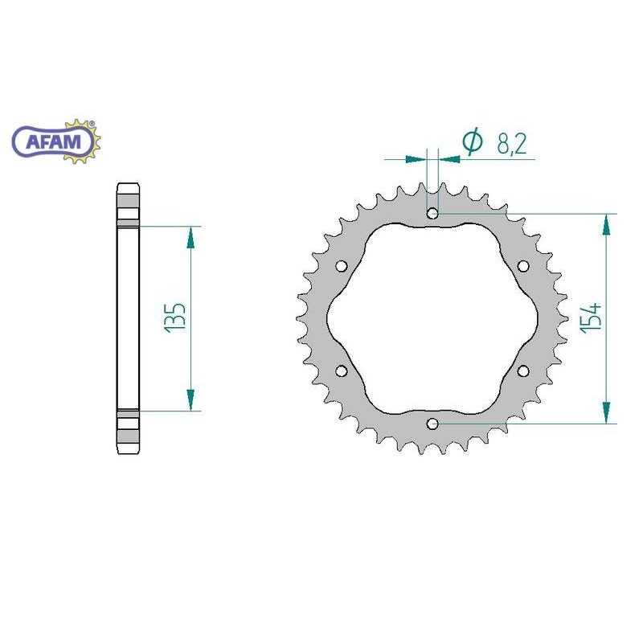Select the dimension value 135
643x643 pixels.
pyautogui.click(x=175, y=318)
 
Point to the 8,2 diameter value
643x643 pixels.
pyautogui.click(x=511, y=144)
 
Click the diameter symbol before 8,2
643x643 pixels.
pyautogui.click(x=473, y=142)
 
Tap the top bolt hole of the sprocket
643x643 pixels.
pyautogui.click(x=432, y=214)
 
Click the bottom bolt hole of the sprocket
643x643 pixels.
pyautogui.click(x=432, y=423)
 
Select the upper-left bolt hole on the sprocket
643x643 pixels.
pyautogui.click(x=341, y=266)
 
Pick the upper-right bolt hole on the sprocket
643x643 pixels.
pyautogui.click(x=523, y=266)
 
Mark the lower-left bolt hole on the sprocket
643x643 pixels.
pyautogui.click(x=341, y=371)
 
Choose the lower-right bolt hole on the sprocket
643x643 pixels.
pyautogui.click(x=523, y=371)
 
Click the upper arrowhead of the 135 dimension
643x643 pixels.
pyautogui.click(x=190, y=237)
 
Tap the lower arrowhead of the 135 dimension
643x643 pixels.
pyautogui.click(x=190, y=399)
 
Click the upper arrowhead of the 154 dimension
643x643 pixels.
pyautogui.click(x=606, y=224)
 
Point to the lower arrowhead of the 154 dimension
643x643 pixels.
pyautogui.click(x=606, y=412)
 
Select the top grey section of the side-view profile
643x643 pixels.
pyautogui.click(x=128, y=205)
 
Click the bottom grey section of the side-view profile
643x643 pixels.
pyautogui.click(x=128, y=432)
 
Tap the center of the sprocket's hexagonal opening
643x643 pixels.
pyautogui.click(x=432, y=318)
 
